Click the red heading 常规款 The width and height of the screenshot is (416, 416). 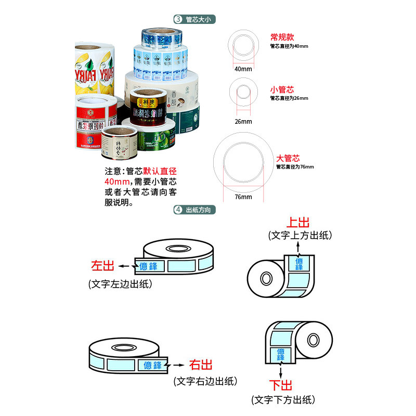(x=282, y=37)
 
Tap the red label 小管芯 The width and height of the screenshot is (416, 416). (x=282, y=89)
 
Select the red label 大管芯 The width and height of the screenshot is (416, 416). (x=288, y=158)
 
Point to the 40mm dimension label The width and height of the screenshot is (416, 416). (x=242, y=69)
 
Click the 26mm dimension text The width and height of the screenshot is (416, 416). (x=242, y=122)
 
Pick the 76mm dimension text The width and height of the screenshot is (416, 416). (x=243, y=197)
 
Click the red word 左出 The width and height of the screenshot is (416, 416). (x=102, y=266)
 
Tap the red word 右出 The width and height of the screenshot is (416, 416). (x=200, y=365)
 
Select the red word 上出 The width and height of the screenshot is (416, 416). (x=300, y=223)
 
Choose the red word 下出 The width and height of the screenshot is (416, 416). (x=280, y=385)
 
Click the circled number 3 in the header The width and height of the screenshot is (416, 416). (x=178, y=19)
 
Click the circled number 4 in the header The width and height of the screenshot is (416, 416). (x=178, y=210)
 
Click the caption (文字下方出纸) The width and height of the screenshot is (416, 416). (x=283, y=400)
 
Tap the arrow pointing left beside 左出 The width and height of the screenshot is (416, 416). (x=124, y=266)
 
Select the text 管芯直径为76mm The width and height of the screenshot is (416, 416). (x=295, y=167)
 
